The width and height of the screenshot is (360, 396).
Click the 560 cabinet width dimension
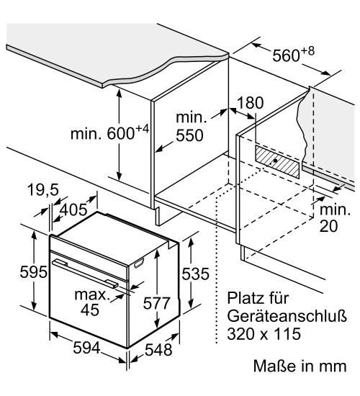(x=294, y=54)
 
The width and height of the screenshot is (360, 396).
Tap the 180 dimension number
(x=251, y=103)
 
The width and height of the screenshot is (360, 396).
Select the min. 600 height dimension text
(x=109, y=132)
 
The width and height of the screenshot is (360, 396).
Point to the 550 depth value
(x=189, y=135)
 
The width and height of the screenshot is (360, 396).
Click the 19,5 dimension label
(x=43, y=189)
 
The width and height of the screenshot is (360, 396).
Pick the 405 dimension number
(x=73, y=210)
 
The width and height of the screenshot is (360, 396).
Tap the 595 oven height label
(x=34, y=272)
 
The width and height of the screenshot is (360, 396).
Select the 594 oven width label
(x=86, y=348)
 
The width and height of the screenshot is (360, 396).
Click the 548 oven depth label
(x=158, y=350)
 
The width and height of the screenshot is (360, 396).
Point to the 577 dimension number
(x=157, y=303)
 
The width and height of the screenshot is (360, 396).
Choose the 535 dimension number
(x=196, y=274)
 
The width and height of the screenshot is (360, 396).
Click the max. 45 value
(x=91, y=302)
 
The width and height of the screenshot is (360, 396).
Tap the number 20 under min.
(x=328, y=226)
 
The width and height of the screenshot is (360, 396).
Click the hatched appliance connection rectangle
(x=277, y=161)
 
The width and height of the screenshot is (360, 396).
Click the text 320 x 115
(x=264, y=333)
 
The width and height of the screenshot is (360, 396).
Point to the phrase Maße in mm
(x=300, y=366)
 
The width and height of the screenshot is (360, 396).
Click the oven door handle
(x=85, y=273)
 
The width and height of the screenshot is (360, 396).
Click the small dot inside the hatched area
(x=275, y=160)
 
